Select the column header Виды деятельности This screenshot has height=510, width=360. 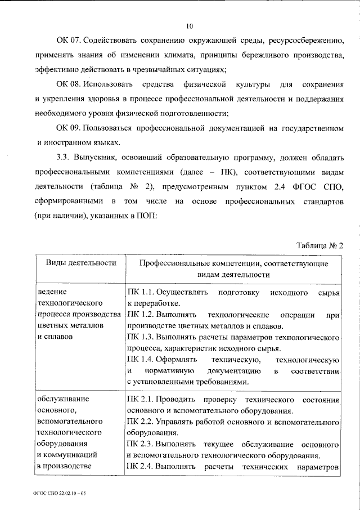pyautogui.click(x=78, y=262)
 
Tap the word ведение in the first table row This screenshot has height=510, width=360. pyautogui.click(x=52, y=293)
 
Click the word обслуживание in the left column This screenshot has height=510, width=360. pyautogui.click(x=61, y=400)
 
